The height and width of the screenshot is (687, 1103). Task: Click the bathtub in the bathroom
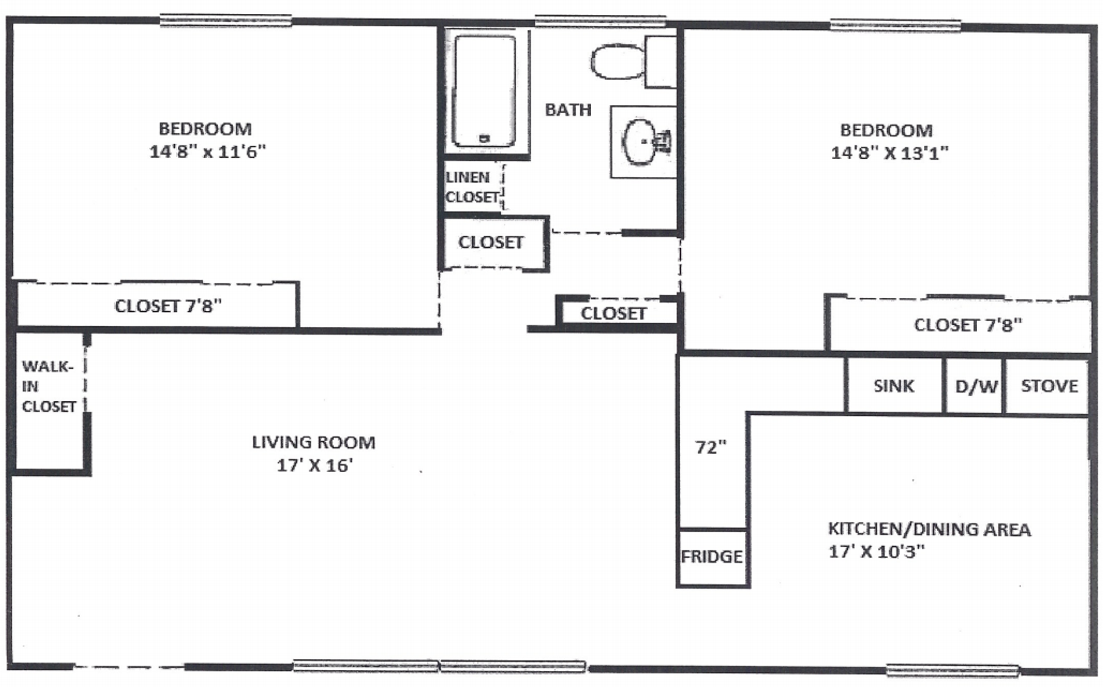(x=484, y=91)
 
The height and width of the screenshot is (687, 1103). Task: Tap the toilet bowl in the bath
(x=616, y=61)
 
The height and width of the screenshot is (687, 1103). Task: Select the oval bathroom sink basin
(x=641, y=141)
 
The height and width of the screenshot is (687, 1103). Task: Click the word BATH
(x=568, y=110)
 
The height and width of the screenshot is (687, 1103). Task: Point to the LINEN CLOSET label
(x=472, y=187)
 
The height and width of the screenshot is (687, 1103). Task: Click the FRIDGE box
(x=712, y=557)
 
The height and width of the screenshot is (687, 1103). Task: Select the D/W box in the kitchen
(x=975, y=386)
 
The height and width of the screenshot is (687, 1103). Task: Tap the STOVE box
(x=1049, y=386)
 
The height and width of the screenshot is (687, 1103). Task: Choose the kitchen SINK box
(x=893, y=386)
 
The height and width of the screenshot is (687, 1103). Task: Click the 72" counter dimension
(x=711, y=447)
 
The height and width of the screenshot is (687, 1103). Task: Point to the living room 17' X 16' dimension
(x=314, y=465)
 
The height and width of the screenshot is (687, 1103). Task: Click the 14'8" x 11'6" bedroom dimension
(x=207, y=152)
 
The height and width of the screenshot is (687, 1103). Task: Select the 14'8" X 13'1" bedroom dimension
(x=889, y=153)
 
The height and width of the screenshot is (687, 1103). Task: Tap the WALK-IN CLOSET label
(x=48, y=386)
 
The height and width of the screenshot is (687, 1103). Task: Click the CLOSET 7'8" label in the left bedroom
(x=168, y=306)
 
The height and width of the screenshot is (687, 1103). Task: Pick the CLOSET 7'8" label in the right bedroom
(x=968, y=325)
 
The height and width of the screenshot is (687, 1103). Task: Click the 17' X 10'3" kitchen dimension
(x=876, y=551)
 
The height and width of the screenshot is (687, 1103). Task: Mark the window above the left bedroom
(x=225, y=21)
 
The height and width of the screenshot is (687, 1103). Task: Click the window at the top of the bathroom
(x=600, y=21)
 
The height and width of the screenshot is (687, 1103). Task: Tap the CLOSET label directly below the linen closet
(x=491, y=242)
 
